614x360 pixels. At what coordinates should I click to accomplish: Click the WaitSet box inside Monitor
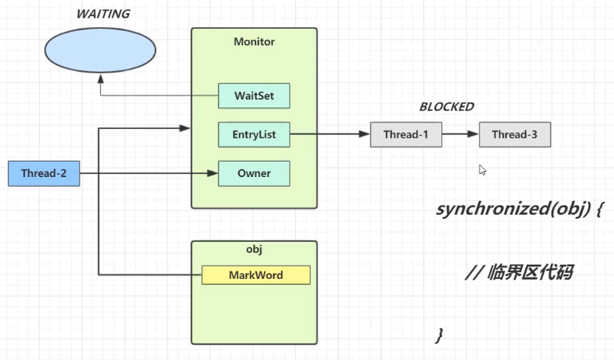[254, 96]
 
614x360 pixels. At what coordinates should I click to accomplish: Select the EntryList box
[254, 135]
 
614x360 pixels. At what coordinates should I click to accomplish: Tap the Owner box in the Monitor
[254, 173]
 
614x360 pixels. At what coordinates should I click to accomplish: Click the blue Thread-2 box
[43, 173]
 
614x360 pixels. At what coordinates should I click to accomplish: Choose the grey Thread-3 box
[514, 135]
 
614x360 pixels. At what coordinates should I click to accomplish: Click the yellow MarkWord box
[255, 275]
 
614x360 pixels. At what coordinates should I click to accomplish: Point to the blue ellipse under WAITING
[100, 49]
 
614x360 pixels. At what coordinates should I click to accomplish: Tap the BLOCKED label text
[446, 107]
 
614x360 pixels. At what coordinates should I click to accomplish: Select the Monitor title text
[254, 42]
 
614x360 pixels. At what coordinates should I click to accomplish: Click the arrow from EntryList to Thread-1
[329, 135]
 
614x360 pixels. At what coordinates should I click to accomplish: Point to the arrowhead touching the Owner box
[213, 173]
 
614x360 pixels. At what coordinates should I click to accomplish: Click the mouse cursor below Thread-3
[483, 170]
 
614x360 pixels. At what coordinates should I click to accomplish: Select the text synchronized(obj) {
[520, 209]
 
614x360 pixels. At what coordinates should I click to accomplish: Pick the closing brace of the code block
[440, 336]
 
